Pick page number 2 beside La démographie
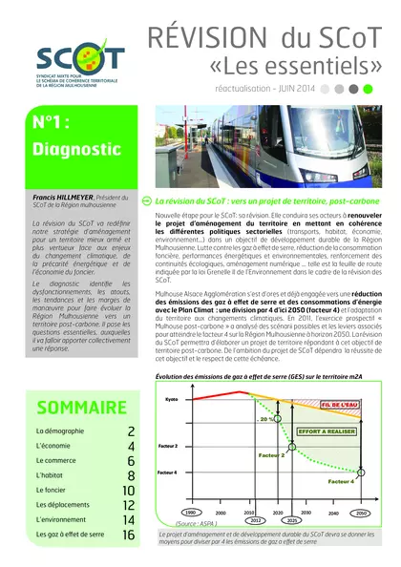point(131,431)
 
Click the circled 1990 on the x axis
point(191,512)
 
